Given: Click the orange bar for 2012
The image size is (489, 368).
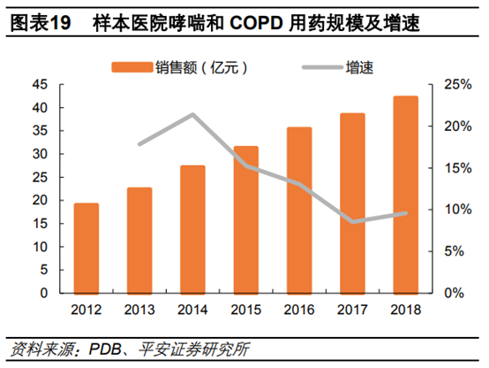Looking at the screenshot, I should pos(86,248).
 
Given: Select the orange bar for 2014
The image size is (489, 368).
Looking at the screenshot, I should pos(192,228).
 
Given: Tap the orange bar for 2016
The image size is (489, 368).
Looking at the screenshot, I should pos(299,210).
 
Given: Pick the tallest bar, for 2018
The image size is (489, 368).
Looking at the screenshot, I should pos(405,195).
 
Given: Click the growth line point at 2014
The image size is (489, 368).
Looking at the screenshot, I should pos(192,114).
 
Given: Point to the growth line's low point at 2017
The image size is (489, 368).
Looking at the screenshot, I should pos(352,222).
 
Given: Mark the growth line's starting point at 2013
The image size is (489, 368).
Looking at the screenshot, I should pos(139,143).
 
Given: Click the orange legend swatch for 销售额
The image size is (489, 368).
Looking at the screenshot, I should pos(131,67).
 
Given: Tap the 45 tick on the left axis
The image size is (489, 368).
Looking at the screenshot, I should pos(39,85).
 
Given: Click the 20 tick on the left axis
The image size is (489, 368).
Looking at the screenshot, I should pos(39,200).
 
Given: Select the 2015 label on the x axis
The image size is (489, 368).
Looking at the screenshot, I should pos(245,310).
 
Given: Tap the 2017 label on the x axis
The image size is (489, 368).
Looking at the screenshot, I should pos(352,310).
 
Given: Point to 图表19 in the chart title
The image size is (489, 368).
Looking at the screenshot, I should pos(39,25).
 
